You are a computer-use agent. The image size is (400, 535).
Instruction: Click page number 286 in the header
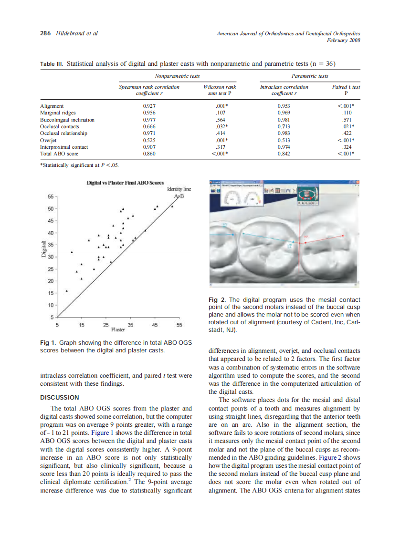[x=45, y=33]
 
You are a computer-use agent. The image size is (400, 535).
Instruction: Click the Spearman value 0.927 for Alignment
[x=149, y=106]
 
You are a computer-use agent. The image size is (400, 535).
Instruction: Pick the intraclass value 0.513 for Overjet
[x=284, y=141]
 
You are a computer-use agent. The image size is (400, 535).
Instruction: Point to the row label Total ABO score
[x=59, y=154]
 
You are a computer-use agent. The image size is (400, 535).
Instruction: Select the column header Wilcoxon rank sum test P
[x=220, y=91]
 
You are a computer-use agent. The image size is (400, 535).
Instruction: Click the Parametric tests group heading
[x=310, y=76]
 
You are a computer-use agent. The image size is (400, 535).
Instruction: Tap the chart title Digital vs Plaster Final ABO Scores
[x=125, y=183]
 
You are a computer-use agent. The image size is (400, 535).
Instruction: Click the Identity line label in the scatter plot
[x=179, y=189]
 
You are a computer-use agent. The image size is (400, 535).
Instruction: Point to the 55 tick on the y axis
[x=50, y=196]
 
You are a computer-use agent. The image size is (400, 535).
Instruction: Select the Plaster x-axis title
[x=118, y=329]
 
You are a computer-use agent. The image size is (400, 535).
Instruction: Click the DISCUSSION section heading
[x=59, y=397]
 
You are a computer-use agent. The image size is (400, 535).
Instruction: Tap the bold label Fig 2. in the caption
[x=217, y=300]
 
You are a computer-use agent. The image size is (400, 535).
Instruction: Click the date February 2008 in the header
[x=343, y=40]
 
